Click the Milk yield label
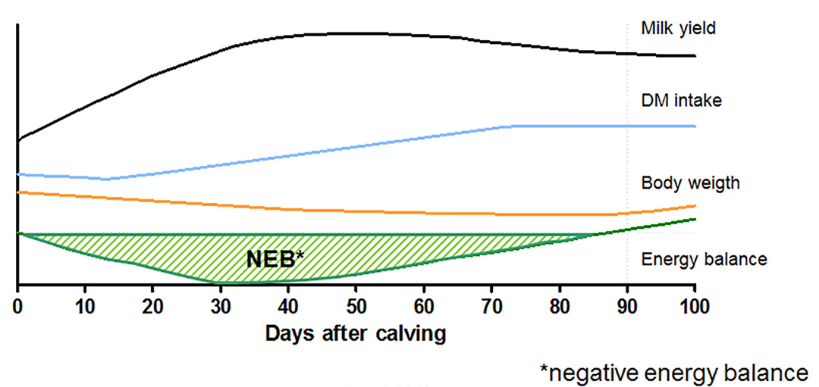click(679, 29)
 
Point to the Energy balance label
click(704, 259)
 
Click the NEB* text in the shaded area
click(275, 259)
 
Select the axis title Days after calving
click(356, 333)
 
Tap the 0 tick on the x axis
click(17, 308)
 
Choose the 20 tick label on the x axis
click(152, 308)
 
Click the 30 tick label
click(220, 308)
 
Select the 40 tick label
click(288, 308)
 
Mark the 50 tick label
click(356, 308)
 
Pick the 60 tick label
click(424, 308)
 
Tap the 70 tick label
click(491, 308)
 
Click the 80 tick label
click(560, 308)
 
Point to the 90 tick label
click(627, 308)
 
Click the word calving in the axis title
click(412, 334)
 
